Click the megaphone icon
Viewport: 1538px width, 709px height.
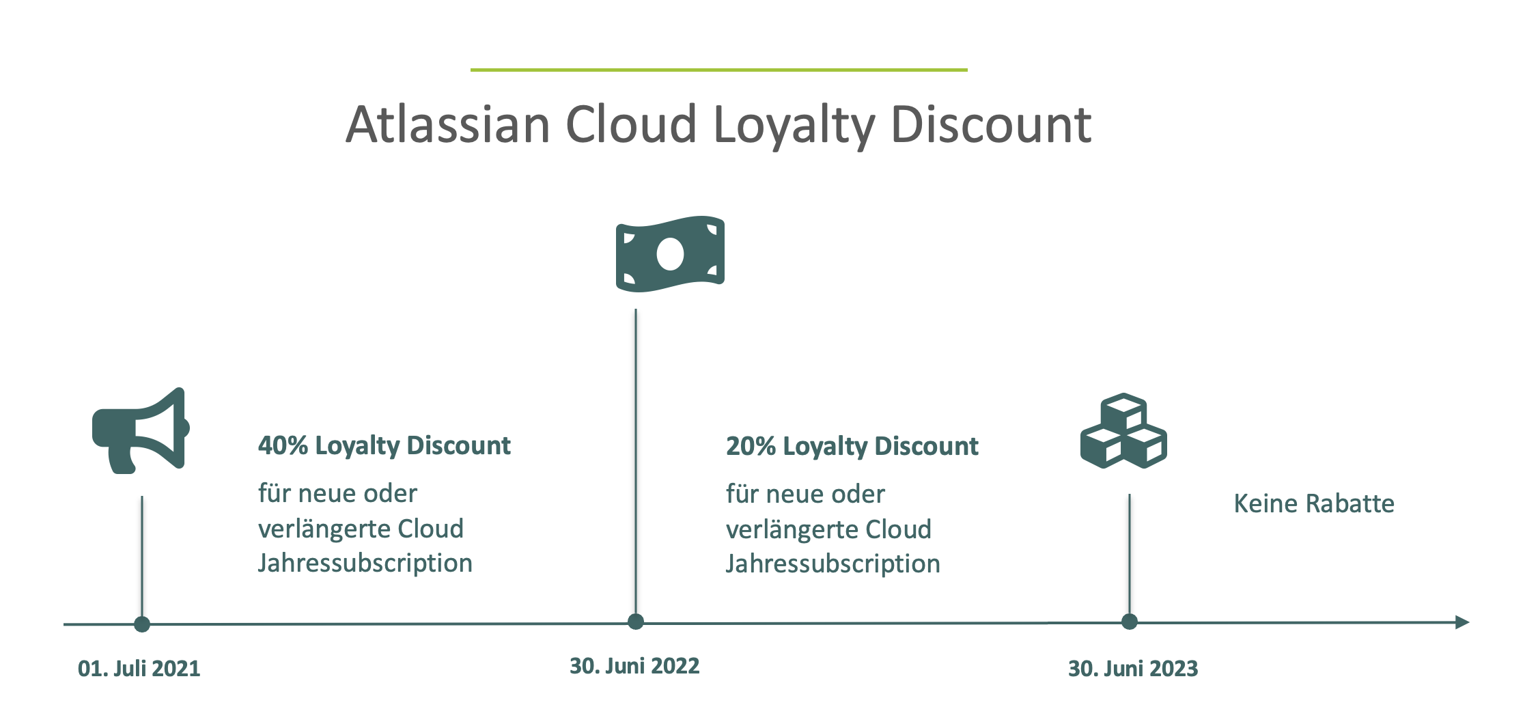(140, 430)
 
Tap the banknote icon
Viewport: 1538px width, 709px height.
(670, 254)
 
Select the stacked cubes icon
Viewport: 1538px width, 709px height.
(1123, 430)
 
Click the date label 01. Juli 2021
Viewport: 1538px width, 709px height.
(139, 668)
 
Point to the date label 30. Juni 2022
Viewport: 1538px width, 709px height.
(634, 666)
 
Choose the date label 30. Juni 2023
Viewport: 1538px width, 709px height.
(1133, 668)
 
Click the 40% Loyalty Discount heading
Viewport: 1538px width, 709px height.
(384, 445)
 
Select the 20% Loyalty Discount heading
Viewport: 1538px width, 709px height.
(852, 446)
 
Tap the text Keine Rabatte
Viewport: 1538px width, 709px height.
(1314, 503)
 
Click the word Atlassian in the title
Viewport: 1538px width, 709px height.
(448, 124)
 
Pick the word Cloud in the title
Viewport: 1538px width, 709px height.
(631, 124)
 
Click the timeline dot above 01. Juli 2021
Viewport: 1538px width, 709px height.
(142, 624)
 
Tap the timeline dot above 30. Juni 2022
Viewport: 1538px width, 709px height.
(636, 622)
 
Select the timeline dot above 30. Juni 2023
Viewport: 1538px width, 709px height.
(1130, 622)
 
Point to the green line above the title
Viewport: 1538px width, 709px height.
(719, 70)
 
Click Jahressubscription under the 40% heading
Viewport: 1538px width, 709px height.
(365, 564)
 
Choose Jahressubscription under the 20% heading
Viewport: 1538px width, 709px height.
(833, 564)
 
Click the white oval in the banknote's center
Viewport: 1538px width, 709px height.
(670, 254)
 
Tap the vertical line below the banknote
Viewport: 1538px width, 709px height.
(636, 462)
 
